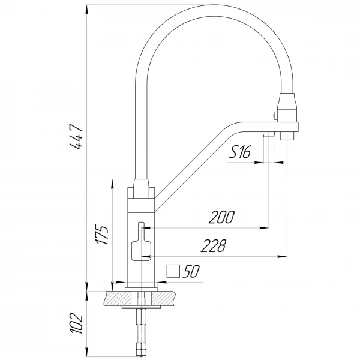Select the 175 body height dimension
[x=103, y=235]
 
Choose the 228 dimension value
[x=213, y=246]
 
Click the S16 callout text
[x=239, y=152]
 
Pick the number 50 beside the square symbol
[x=190, y=272]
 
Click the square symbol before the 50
[x=173, y=271]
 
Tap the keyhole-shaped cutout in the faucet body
[x=141, y=242]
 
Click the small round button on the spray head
[x=275, y=114]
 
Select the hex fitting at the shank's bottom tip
[x=141, y=349]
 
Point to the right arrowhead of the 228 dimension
[x=281, y=257]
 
